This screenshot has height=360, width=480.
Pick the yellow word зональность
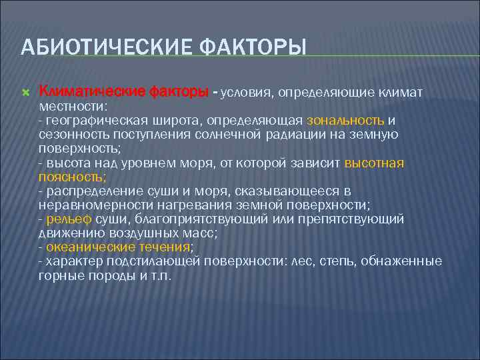(345, 121)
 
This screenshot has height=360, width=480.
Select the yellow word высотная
(375, 163)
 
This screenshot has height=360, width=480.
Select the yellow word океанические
(83, 247)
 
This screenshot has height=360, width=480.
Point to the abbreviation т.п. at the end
(161, 275)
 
